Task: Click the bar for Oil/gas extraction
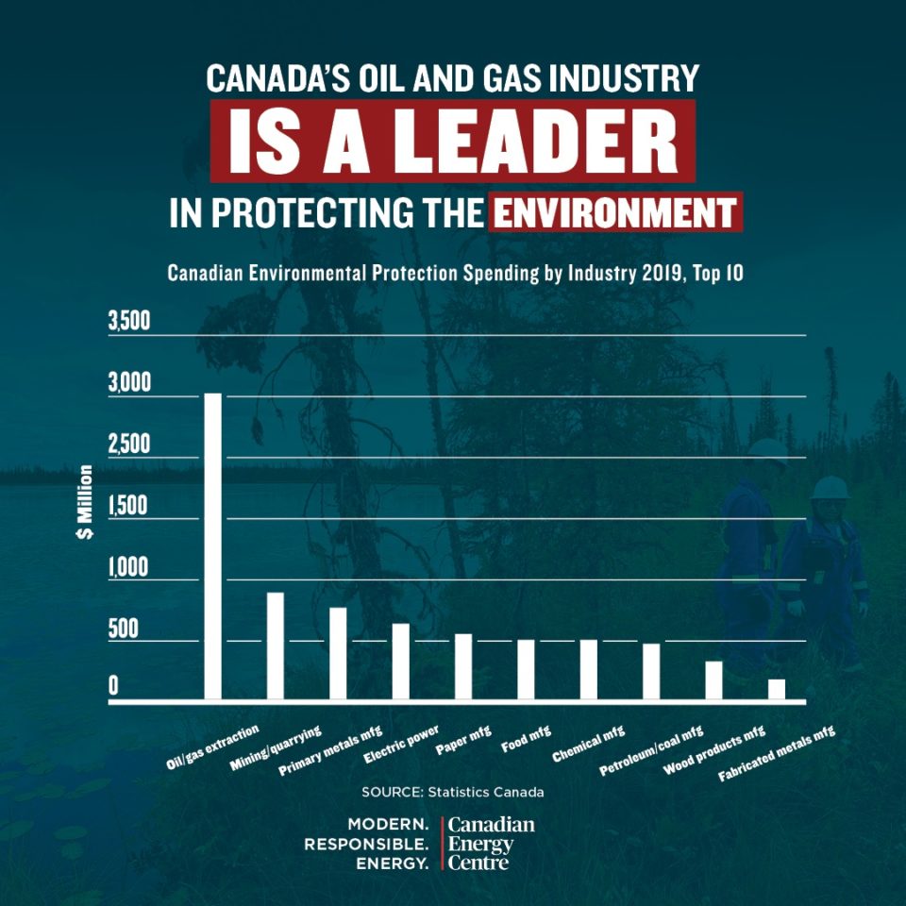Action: pos(213,547)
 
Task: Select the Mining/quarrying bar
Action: pos(276,646)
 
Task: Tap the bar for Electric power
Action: pos(401,662)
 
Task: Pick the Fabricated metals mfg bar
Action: pos(777,690)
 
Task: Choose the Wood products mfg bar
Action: pos(714,680)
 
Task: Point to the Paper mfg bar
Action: pos(463,667)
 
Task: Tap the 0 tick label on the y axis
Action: pos(113,686)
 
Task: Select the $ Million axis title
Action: pos(85,504)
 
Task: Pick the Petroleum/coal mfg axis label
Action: pos(652,750)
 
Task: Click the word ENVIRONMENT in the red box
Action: pos(615,212)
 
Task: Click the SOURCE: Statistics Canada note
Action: pos(452,791)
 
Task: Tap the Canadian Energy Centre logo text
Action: pos(491,843)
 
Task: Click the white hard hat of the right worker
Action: pos(830,488)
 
